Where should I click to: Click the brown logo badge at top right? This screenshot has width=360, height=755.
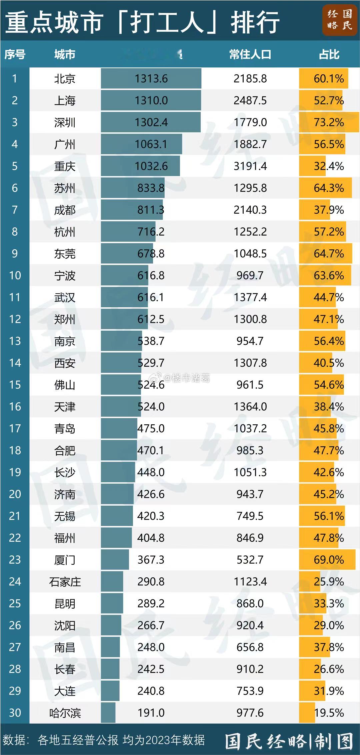click(339, 20)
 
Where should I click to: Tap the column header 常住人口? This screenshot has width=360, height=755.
click(250, 54)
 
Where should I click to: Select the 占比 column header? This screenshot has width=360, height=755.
click(329, 54)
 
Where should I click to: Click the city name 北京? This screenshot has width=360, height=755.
click(65, 79)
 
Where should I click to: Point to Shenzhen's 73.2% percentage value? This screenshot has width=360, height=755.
click(329, 122)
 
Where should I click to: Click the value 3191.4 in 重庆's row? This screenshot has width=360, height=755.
click(250, 166)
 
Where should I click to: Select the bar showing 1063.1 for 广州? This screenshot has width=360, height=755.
click(142, 144)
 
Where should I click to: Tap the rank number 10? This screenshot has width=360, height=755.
click(15, 275)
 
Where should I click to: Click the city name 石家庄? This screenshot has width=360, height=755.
click(65, 582)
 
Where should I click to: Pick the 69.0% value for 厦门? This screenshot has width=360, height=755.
click(329, 560)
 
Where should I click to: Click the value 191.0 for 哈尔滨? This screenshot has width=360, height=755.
click(151, 713)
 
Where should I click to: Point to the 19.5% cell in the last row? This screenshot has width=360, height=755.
click(329, 713)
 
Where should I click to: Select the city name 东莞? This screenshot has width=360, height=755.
click(65, 254)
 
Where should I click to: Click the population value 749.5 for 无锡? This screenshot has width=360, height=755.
click(250, 516)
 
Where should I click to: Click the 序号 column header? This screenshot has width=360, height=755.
click(15, 54)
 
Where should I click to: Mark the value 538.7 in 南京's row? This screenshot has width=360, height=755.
click(151, 341)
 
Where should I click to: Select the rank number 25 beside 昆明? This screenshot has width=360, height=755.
click(15, 603)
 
